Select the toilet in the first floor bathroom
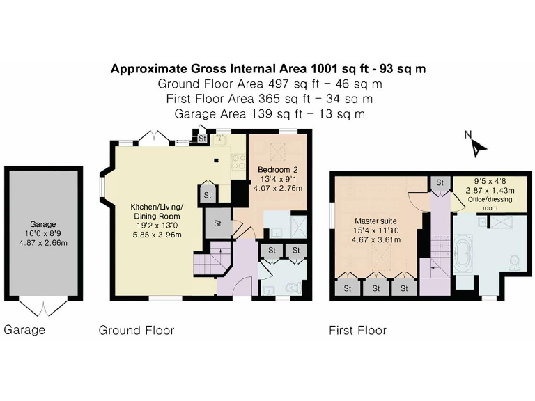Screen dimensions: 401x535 pos(513,261)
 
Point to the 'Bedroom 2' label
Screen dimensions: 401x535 pos(277,170)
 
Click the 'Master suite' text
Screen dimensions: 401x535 pos(375,221)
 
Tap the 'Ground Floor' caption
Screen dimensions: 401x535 pos(137,330)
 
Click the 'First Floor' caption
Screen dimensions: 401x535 pos(357,330)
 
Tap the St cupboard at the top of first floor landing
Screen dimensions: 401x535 pos(440,183)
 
